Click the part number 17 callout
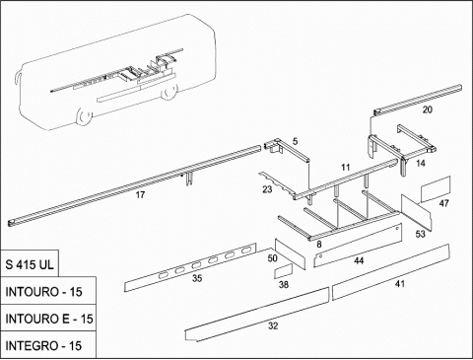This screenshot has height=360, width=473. tap(140, 195)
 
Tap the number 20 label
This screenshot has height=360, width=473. tap(427, 109)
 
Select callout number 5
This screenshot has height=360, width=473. tap(295, 142)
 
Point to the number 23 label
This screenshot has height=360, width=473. tap(267, 189)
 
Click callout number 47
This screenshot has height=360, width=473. tap(443, 203)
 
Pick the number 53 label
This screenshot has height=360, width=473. tap(420, 234)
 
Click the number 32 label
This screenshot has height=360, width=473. tap(273, 325)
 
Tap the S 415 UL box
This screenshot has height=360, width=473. tap(30, 264)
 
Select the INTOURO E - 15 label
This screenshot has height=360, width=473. tap(49, 319)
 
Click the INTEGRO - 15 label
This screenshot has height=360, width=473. tap(43, 345)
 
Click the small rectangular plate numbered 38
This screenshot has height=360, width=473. tap(283, 270)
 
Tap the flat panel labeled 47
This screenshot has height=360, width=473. tap(436, 189)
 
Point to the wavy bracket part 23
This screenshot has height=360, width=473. tap(276, 184)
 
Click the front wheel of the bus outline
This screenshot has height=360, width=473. tap(84, 116)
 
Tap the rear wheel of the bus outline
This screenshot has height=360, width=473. tap(169, 92)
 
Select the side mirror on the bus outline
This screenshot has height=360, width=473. tap(17, 79)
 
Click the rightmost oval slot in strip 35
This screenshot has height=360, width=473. tap(245, 252)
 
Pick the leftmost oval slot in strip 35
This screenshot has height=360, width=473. tap(163, 275)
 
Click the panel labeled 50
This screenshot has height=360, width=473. tap(290, 253)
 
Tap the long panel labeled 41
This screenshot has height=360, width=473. tap(391, 272)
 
